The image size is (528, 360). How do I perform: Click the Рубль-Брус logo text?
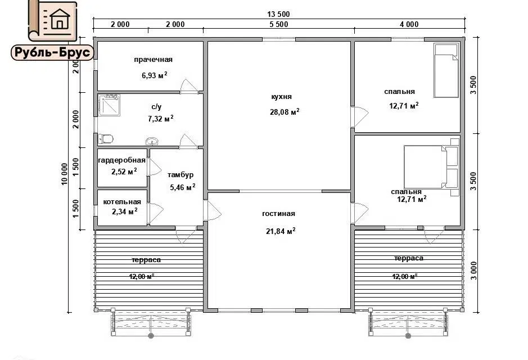click(x=52, y=52)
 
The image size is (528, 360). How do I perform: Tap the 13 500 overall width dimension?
click(x=278, y=14)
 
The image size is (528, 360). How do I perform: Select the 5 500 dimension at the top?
click(x=279, y=24)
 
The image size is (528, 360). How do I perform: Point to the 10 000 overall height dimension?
click(x=64, y=174)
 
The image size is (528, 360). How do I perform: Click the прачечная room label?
click(x=153, y=60)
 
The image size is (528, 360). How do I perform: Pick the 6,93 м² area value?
click(x=155, y=75)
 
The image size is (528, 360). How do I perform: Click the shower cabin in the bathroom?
click(x=109, y=105)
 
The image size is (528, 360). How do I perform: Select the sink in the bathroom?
click(x=152, y=141)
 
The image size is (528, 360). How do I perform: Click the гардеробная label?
click(x=122, y=160)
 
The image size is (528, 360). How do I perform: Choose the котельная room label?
click(x=122, y=202)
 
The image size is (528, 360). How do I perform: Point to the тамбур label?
click(x=180, y=175)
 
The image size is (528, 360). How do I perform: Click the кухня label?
click(x=282, y=97)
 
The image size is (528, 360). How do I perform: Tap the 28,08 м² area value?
click(x=285, y=112)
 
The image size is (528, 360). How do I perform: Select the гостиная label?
click(x=278, y=214)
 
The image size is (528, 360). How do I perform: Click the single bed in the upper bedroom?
click(x=446, y=70)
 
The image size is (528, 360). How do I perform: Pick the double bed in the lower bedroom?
click(x=431, y=166)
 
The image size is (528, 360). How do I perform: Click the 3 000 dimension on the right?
click(x=474, y=271)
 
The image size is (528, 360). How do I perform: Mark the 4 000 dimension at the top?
click(x=409, y=24)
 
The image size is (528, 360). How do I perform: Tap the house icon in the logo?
click(x=60, y=19)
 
